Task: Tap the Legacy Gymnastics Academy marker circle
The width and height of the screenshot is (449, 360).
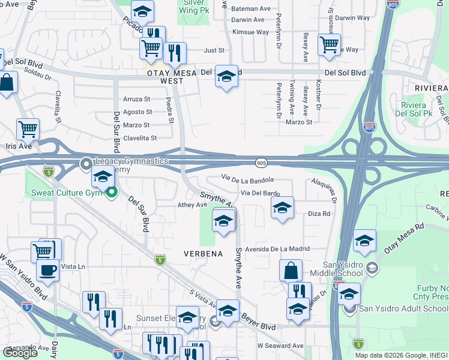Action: pyautogui.click(x=86, y=162)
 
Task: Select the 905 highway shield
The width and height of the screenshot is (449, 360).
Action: pyautogui.click(x=261, y=163)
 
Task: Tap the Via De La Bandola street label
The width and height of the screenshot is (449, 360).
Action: pyautogui.click(x=247, y=179)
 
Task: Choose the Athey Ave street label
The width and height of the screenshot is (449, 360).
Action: pyautogui.click(x=192, y=205)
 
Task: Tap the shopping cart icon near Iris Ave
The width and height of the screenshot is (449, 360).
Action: pyautogui.click(x=28, y=128)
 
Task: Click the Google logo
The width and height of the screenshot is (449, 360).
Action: pyautogui.click(x=20, y=353)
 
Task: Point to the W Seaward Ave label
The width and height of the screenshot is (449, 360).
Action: pyautogui.click(x=280, y=346)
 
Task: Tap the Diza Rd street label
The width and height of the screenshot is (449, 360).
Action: pyautogui.click(x=319, y=214)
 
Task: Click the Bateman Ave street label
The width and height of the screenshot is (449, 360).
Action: pyautogui.click(x=251, y=9)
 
